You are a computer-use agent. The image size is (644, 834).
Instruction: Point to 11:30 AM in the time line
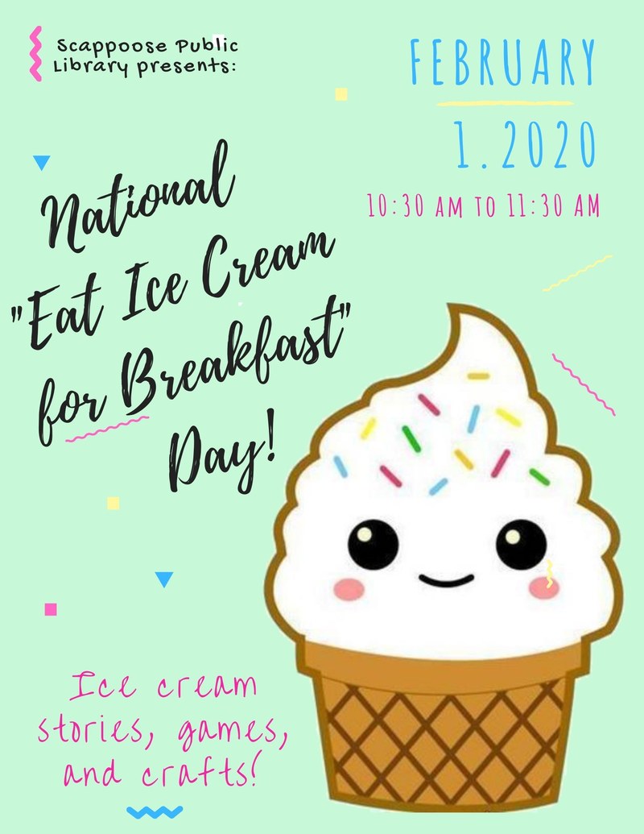point(555,206)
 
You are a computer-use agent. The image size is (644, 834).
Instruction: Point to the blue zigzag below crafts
point(155,811)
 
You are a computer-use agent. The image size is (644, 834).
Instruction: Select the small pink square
point(52,609)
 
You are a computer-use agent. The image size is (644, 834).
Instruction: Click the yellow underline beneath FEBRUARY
point(504,103)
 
